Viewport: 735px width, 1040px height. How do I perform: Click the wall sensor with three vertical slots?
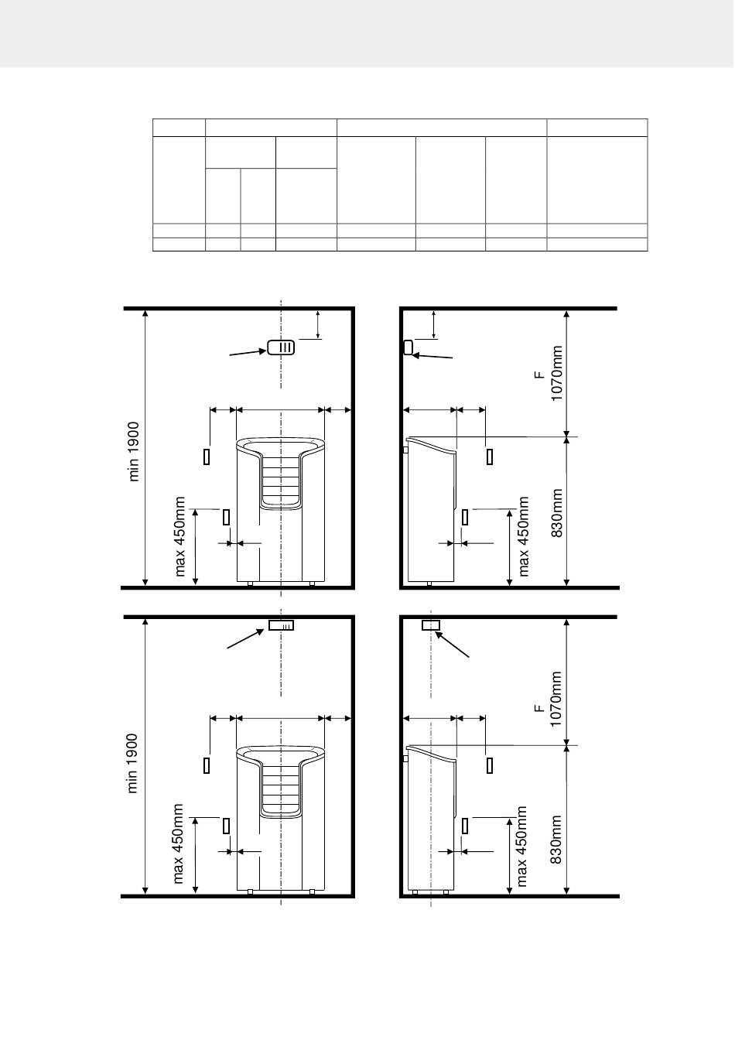click(x=281, y=347)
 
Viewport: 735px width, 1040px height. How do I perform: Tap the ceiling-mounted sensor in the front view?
click(x=281, y=625)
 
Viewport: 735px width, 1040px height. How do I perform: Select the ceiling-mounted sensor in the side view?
click(x=430, y=625)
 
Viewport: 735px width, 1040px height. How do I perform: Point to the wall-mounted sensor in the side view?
click(x=409, y=347)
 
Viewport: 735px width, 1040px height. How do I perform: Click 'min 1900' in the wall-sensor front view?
click(x=134, y=451)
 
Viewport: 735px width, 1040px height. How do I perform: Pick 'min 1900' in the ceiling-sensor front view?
click(x=133, y=763)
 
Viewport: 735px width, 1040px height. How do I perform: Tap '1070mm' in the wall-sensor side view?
click(x=556, y=373)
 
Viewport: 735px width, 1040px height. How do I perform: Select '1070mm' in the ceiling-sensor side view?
click(x=556, y=700)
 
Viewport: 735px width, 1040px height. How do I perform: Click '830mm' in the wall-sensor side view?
click(x=557, y=513)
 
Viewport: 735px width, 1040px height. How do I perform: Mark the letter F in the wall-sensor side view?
click(x=539, y=375)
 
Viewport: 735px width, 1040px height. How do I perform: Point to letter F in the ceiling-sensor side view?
click(x=539, y=709)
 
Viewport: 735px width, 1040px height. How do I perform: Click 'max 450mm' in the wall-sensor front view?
click(x=179, y=536)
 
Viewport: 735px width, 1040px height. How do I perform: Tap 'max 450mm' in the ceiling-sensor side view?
click(x=521, y=847)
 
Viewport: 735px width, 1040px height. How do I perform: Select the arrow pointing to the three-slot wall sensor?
click(x=248, y=352)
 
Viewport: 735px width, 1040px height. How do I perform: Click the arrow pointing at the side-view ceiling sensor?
click(x=452, y=645)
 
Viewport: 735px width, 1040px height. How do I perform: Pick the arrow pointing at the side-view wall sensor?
click(x=432, y=356)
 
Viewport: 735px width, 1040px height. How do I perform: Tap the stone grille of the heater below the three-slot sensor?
click(x=280, y=482)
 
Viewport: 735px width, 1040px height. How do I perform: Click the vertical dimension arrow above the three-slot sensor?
click(x=318, y=324)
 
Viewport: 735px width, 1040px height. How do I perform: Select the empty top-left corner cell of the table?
click(x=179, y=128)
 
